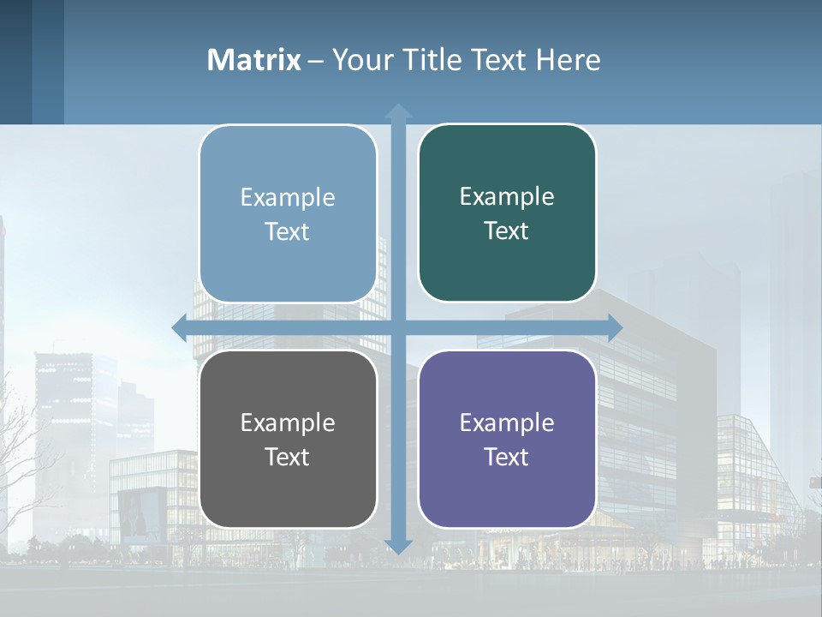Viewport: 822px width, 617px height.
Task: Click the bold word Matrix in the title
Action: click(x=253, y=60)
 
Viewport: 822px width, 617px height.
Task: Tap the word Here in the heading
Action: click(x=568, y=60)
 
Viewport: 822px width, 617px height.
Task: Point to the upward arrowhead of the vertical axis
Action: click(x=398, y=112)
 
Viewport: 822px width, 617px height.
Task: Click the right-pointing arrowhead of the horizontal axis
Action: click(x=614, y=327)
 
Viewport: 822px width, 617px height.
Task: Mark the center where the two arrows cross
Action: click(x=398, y=327)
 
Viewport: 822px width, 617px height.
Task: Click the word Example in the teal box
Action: click(x=507, y=197)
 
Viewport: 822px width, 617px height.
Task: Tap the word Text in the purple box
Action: click(x=507, y=457)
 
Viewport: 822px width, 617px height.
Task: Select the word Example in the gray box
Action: click(x=288, y=422)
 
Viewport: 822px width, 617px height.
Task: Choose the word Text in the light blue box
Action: click(x=288, y=231)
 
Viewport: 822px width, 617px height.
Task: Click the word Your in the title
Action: click(x=360, y=60)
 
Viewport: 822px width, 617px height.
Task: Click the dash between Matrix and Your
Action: click(x=316, y=60)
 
